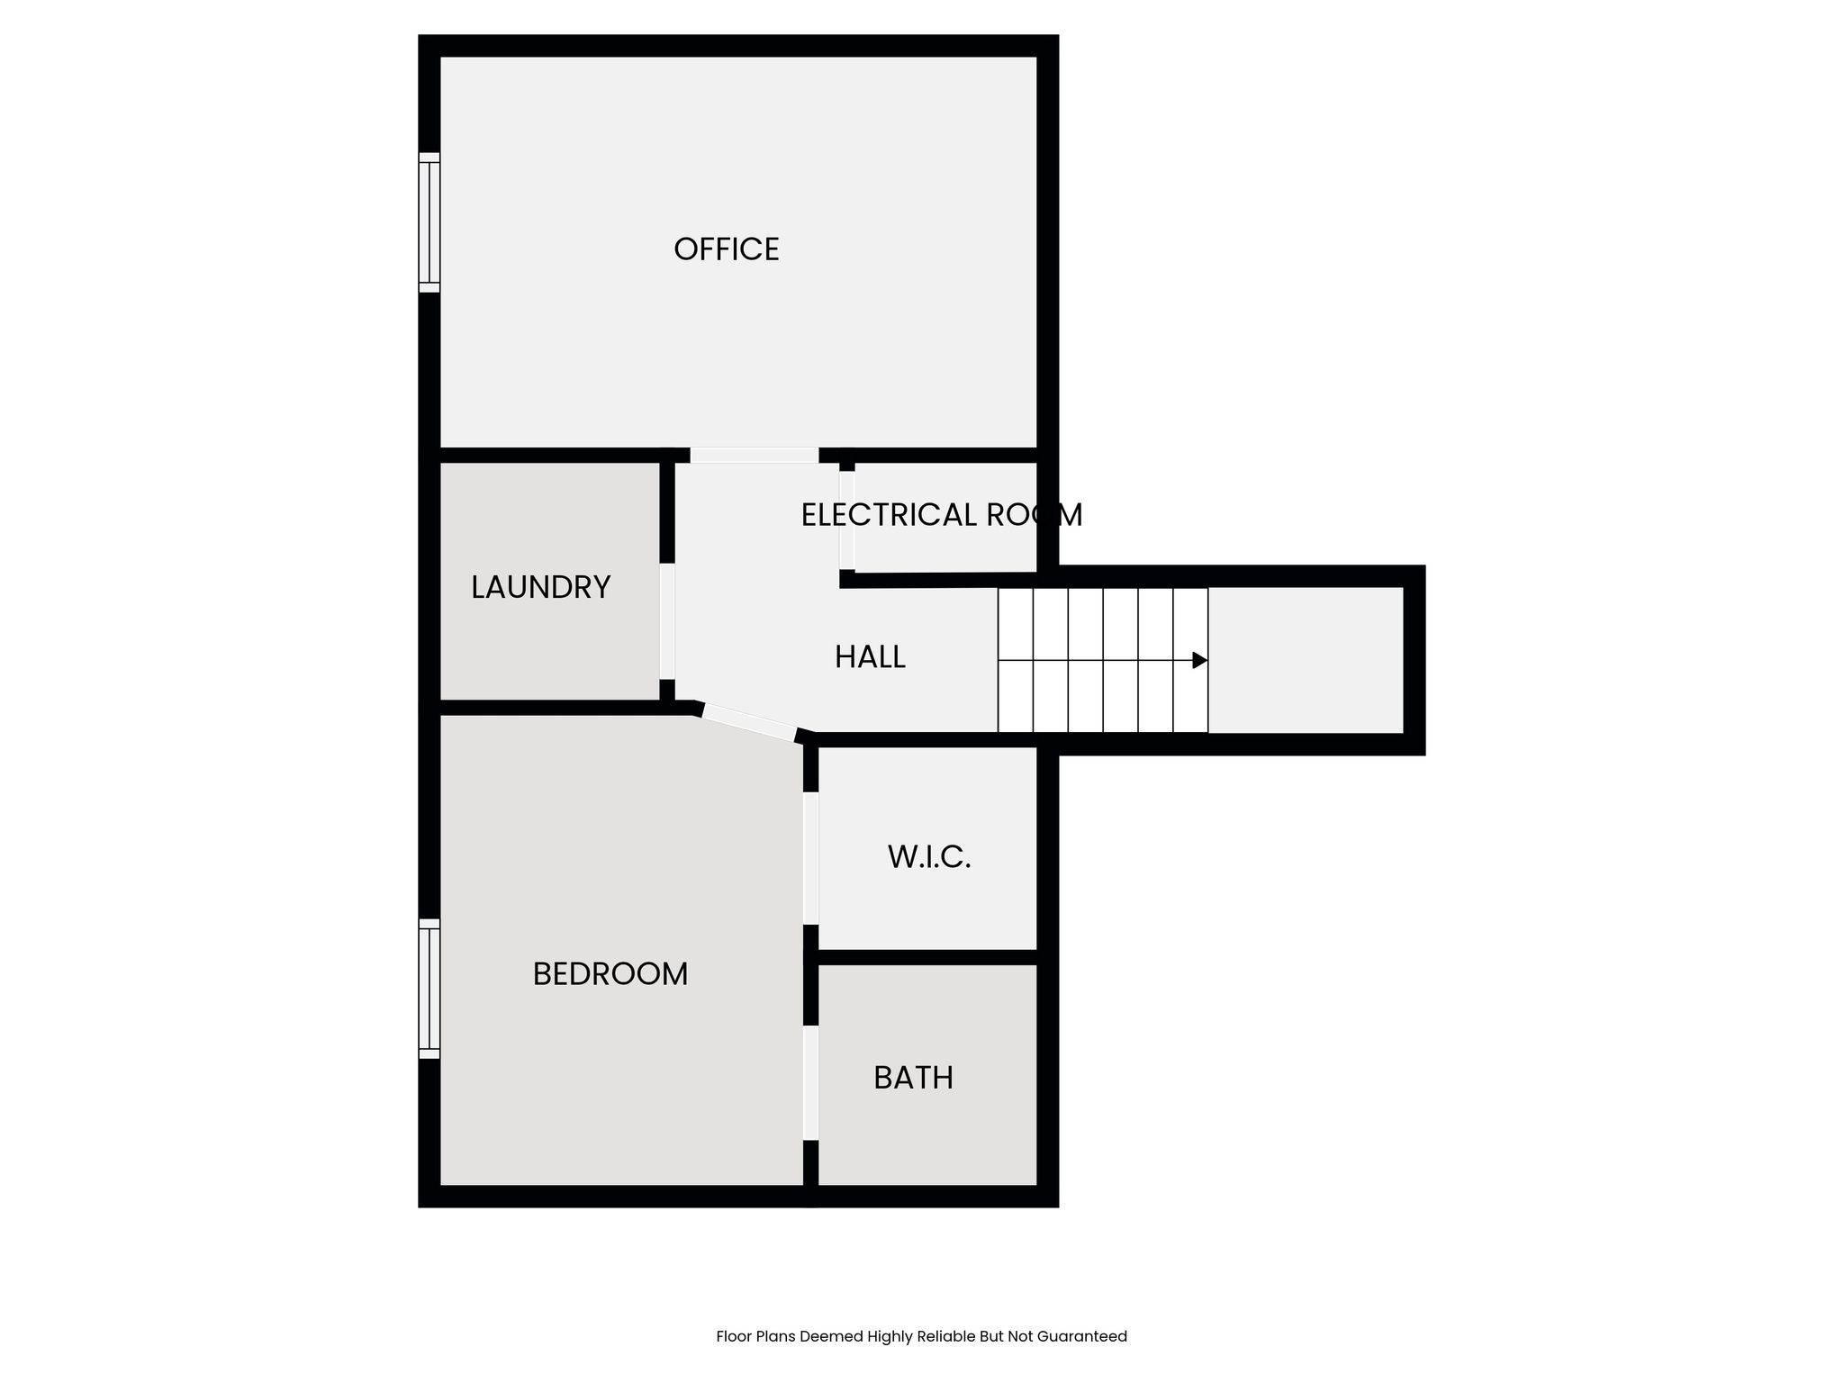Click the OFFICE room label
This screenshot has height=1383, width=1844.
(x=726, y=249)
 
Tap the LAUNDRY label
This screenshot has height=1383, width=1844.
(x=540, y=588)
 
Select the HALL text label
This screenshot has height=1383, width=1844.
(x=870, y=657)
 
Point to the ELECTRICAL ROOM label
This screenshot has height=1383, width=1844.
(x=941, y=515)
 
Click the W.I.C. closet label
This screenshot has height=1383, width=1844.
(x=929, y=857)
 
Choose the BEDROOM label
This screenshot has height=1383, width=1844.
(x=610, y=974)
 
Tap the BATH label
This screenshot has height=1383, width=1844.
(x=913, y=1078)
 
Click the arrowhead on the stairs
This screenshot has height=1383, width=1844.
(x=1199, y=660)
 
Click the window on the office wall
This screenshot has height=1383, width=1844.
(x=429, y=222)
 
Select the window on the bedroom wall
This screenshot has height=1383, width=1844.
(x=429, y=989)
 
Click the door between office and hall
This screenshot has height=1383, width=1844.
(x=754, y=456)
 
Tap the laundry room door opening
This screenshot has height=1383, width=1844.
(x=667, y=621)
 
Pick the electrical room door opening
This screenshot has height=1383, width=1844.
(x=846, y=520)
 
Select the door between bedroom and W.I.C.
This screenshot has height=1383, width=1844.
(x=810, y=858)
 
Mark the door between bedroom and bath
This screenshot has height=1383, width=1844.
(x=810, y=1083)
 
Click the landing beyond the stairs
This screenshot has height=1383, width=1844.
(x=1306, y=660)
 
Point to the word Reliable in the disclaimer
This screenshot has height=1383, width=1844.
(x=946, y=1336)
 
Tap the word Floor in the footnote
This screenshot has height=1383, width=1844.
(x=733, y=1336)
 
